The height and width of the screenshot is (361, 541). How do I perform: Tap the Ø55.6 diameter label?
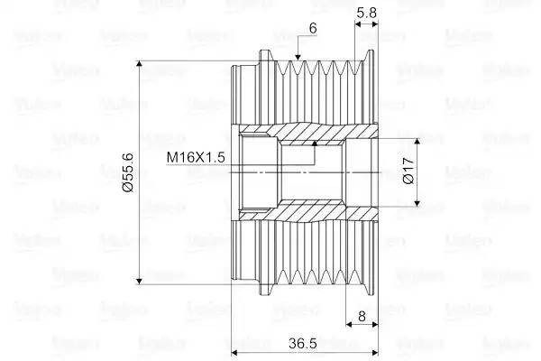(128, 171)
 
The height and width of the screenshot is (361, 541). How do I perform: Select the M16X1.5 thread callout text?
(196, 157)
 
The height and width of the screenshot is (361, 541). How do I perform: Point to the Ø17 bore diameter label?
(408, 171)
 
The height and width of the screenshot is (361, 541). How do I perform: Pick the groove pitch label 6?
(312, 29)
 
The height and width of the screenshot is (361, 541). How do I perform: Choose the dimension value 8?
(361, 317)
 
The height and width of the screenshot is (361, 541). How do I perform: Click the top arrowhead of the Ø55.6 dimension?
(140, 66)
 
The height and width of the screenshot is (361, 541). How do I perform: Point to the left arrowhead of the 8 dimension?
(351, 326)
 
